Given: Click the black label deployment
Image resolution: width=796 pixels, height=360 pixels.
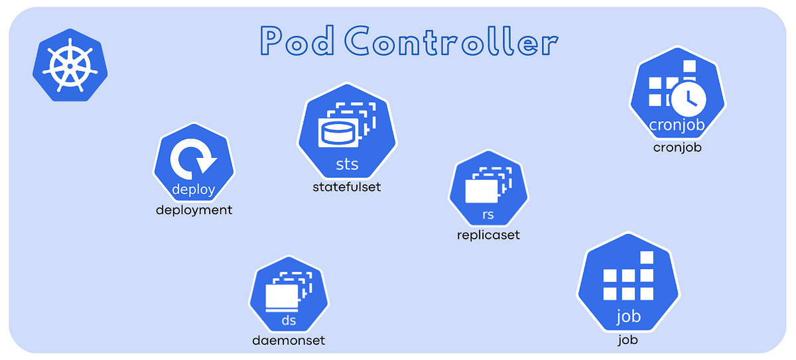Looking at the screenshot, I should coord(194,210).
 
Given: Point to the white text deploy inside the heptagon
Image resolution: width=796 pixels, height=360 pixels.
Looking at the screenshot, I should coord(193,190).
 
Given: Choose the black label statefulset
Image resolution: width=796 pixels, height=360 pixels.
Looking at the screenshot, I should coord(347,187).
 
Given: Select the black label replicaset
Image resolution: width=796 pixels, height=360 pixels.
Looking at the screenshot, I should coord(488,235).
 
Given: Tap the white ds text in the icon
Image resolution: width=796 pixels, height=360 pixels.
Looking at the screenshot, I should coord(289,321).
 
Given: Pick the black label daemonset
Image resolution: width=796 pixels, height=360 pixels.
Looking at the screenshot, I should coord(289,341).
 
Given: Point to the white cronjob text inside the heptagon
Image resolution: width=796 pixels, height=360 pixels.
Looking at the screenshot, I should coord(677,125).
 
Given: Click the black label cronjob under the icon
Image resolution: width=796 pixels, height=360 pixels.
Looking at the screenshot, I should coord(677,147).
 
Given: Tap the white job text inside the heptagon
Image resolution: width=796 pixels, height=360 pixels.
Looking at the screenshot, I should coord(628,316).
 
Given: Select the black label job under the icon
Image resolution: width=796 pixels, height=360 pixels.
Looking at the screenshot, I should coord(628,341).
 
